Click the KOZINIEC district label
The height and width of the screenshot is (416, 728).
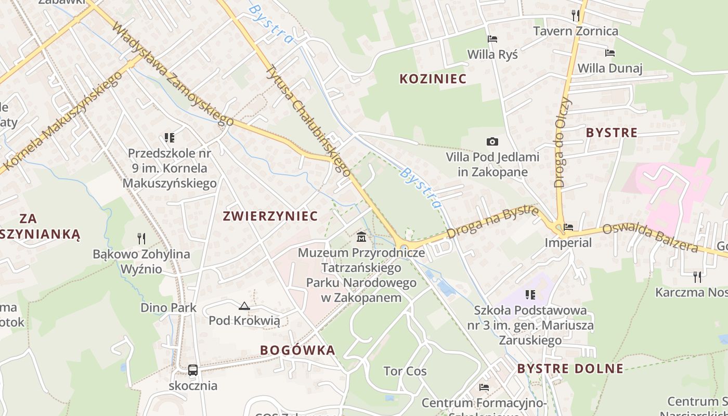[433, 79]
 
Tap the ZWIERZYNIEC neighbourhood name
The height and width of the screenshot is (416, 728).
[270, 216]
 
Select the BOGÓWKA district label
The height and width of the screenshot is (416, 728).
[297, 350]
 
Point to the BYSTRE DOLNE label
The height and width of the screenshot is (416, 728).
[570, 369]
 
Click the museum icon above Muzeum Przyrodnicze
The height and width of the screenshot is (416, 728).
[361, 238]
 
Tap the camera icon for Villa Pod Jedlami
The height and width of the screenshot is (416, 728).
[492, 141]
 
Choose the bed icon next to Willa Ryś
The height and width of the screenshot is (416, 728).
[492, 39]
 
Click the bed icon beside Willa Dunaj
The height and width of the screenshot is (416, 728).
[610, 53]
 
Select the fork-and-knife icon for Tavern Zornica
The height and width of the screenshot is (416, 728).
[576, 15]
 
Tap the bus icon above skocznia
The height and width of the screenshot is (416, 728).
[193, 370]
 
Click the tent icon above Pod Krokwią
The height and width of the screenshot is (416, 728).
[244, 306]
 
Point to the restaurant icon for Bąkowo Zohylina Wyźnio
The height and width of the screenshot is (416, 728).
[141, 239]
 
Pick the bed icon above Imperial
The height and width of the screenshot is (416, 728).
[568, 227]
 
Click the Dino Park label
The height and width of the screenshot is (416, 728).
[168, 308]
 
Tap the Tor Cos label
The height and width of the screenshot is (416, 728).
[405, 371]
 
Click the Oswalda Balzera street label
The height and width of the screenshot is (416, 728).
[650, 237]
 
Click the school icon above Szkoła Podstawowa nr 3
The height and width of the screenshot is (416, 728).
[530, 295]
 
